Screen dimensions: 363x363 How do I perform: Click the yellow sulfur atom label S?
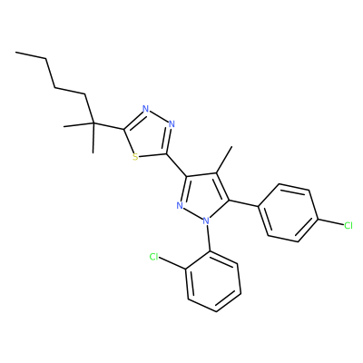(135, 157)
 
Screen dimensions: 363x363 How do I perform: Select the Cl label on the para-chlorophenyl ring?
(348, 225)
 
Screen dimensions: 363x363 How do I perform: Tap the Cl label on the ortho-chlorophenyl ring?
(154, 257)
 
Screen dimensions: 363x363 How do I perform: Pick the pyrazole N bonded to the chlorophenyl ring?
(206, 221)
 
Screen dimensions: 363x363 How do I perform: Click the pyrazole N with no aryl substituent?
(180, 206)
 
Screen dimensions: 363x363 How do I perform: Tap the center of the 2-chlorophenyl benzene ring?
(213, 281)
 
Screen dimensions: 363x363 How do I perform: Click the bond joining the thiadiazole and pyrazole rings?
(177, 165)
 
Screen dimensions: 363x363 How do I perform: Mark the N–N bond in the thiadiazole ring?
(159, 116)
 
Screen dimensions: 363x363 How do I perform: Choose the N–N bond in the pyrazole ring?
(193, 213)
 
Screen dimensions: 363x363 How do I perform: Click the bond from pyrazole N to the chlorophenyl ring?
(209, 238)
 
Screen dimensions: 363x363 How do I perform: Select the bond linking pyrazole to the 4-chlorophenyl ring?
(243, 203)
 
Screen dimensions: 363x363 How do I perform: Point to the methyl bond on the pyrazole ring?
(224, 160)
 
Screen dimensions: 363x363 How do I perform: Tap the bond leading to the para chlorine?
(330, 222)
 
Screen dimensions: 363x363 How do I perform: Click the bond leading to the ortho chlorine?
(172, 263)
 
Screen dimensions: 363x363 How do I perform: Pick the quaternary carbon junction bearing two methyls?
(93, 123)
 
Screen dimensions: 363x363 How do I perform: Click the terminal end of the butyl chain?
(15, 53)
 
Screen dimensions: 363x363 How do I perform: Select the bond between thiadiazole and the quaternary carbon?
(108, 126)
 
